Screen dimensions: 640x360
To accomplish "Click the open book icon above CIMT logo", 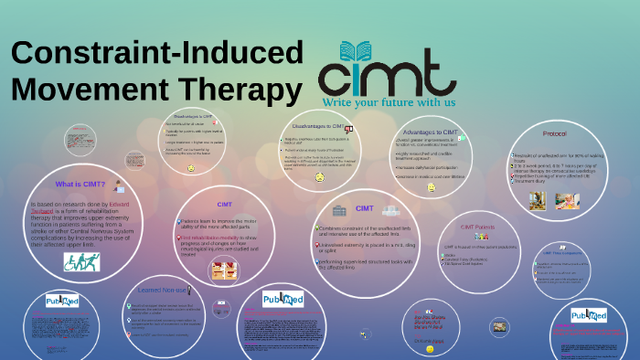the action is tap(357, 48).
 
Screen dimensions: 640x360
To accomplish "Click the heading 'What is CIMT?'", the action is tap(80, 184).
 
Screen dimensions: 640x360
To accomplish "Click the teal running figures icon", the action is tap(81, 262).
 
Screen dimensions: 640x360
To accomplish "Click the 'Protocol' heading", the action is tap(554, 134).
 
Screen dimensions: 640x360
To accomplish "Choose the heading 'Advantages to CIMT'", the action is tap(429, 132).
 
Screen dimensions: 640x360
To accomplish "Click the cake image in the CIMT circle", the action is tap(223, 269).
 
